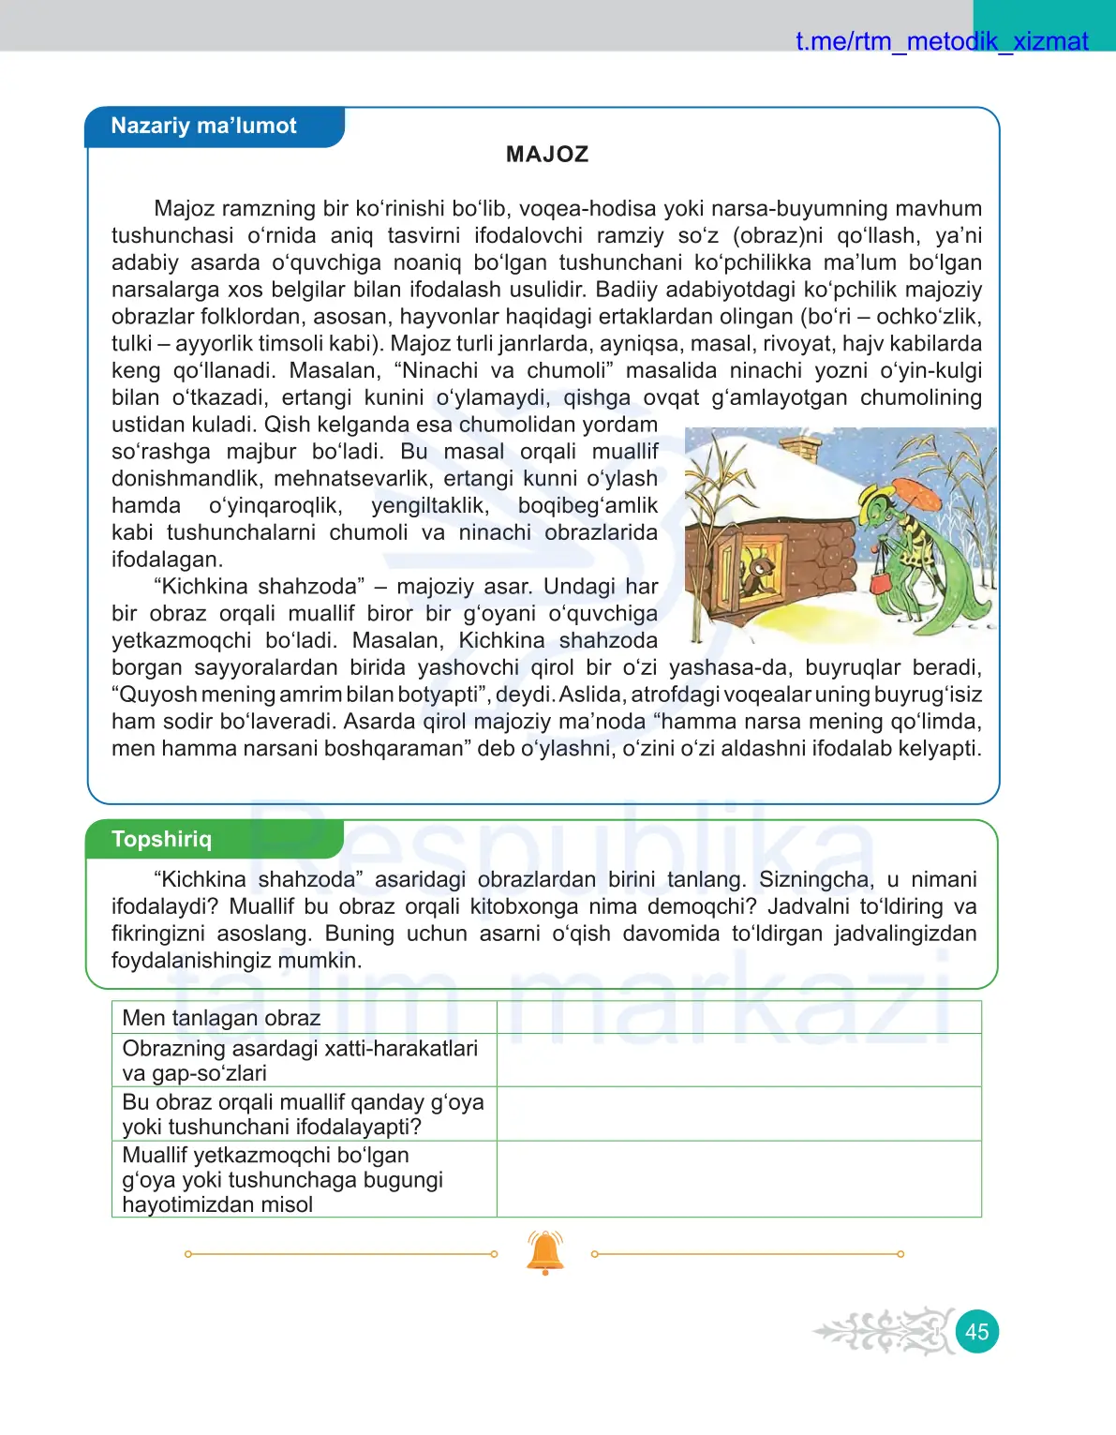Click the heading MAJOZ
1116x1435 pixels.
tap(547, 155)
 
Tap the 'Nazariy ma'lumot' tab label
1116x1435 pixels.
tap(203, 127)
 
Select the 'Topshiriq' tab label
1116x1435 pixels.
tap(161, 839)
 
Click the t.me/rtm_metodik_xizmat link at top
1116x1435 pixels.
tap(941, 41)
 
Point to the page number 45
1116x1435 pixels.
tap(976, 1332)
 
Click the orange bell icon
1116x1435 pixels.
tap(545, 1252)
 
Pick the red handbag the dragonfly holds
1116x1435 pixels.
tap(882, 581)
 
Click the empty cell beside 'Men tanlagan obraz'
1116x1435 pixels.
tap(738, 1018)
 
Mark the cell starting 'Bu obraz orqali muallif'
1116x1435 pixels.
tap(304, 1114)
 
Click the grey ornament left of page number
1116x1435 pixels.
tap(885, 1331)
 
